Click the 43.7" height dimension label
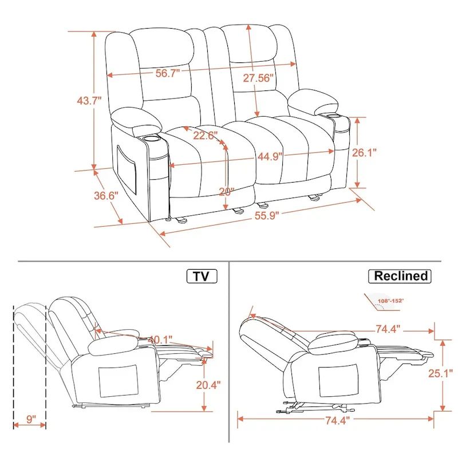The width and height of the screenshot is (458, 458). (x=89, y=101)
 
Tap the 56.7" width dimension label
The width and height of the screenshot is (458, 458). (x=168, y=73)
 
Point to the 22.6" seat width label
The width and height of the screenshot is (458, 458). (x=205, y=136)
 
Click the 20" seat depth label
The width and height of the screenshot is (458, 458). (x=227, y=192)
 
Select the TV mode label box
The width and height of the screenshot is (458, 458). (x=202, y=277)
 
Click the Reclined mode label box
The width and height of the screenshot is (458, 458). (x=401, y=276)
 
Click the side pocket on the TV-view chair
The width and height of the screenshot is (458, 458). (x=117, y=381)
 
